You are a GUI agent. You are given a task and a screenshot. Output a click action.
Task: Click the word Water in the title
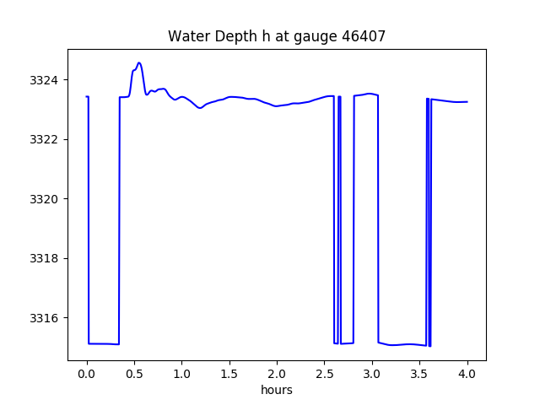coord(186,36)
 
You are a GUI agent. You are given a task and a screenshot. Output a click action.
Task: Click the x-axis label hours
coord(277,390)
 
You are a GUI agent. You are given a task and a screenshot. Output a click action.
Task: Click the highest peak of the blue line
coord(139,62)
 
